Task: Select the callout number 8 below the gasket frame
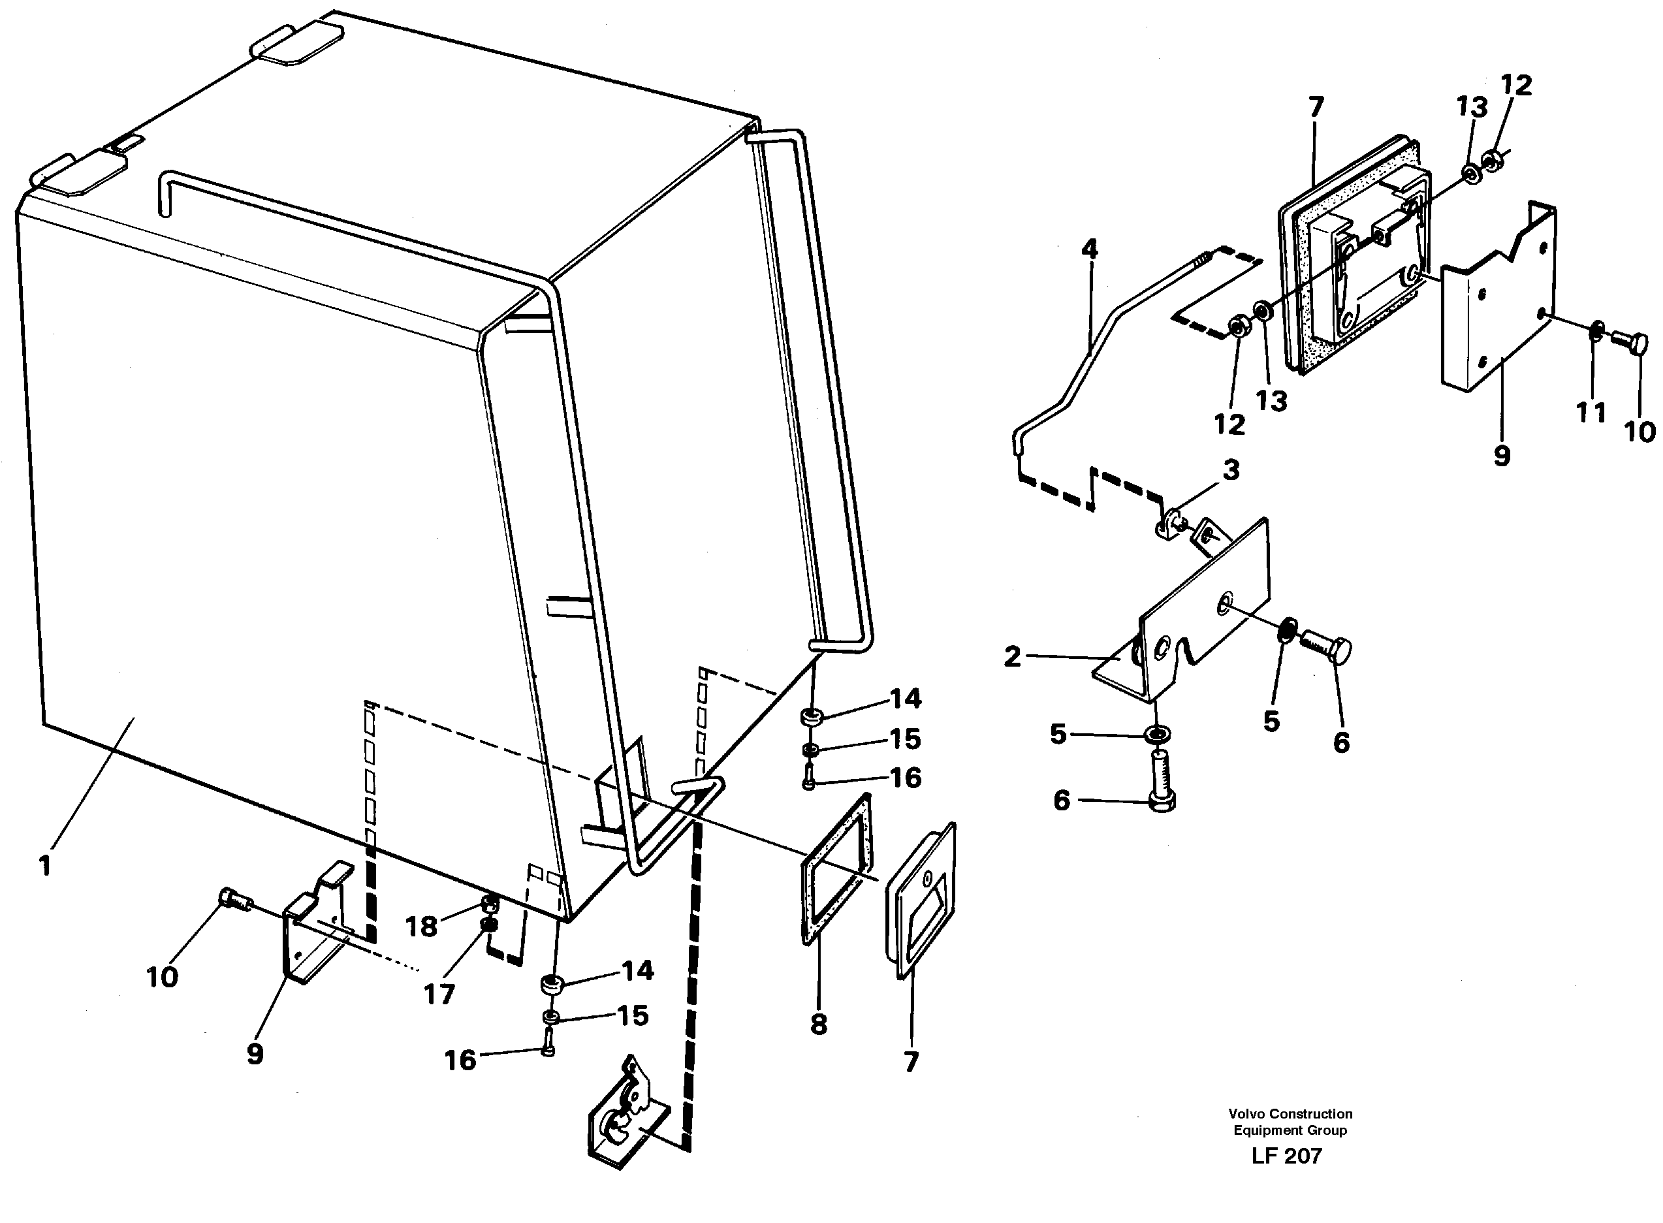tap(818, 1024)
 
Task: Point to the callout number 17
tap(439, 994)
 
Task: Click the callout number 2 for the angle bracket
tap(1012, 656)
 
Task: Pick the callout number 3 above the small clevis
tap(1230, 469)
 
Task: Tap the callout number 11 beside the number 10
tap(1590, 413)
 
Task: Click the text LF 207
tap(1286, 1156)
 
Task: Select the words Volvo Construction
tap(1290, 1113)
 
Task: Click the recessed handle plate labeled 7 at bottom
tap(920, 902)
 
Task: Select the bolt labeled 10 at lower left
tap(233, 900)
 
